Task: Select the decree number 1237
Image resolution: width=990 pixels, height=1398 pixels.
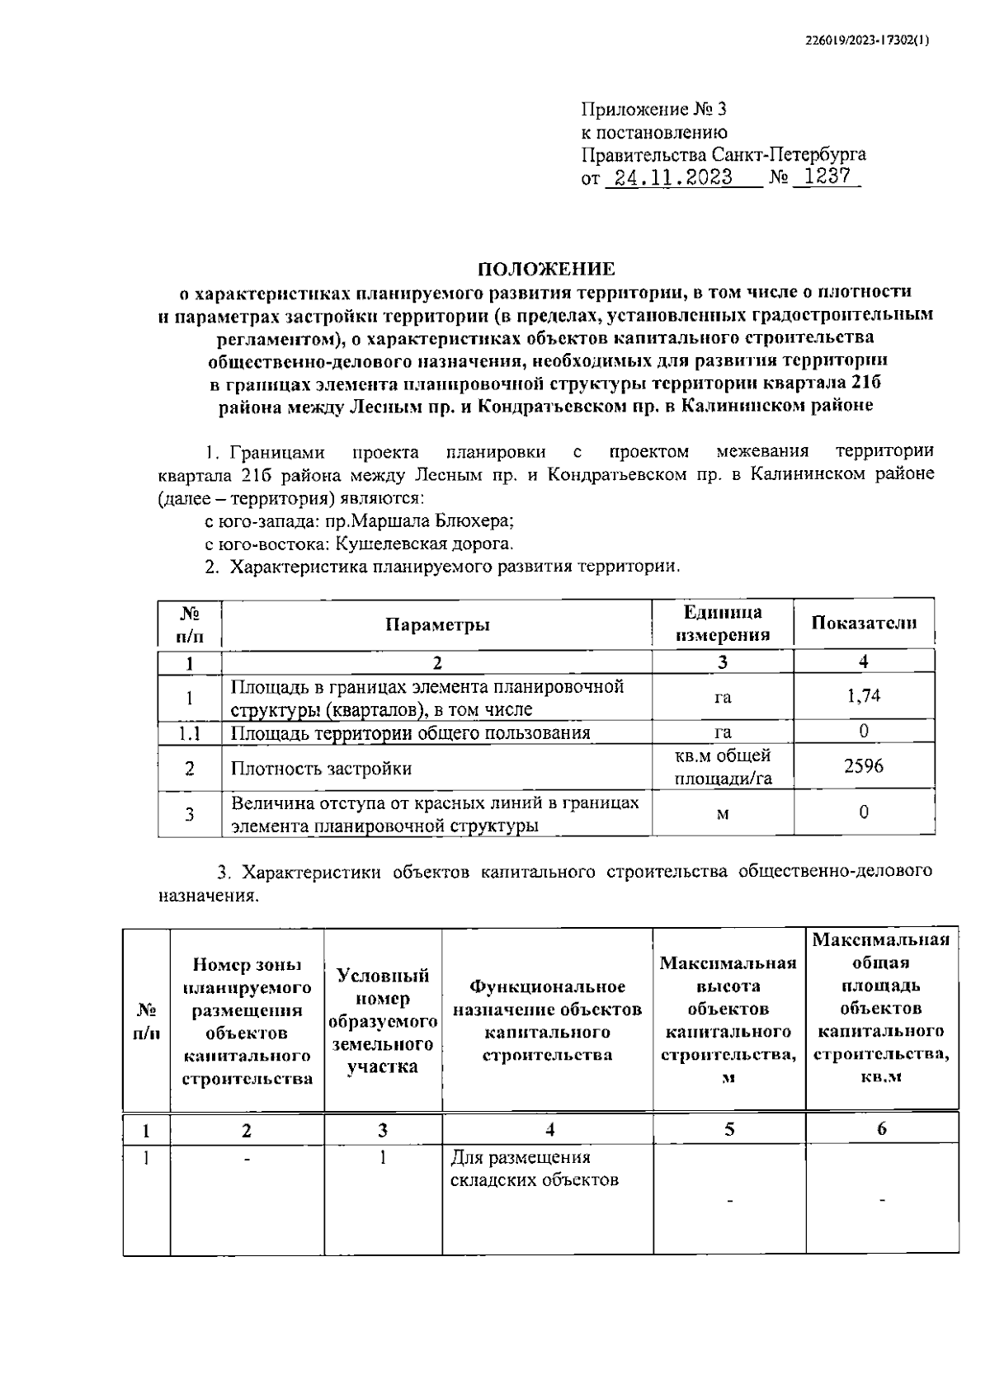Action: coord(826,177)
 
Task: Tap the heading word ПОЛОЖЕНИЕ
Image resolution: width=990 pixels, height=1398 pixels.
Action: coord(547,268)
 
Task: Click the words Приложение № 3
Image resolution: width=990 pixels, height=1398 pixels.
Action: coord(654,110)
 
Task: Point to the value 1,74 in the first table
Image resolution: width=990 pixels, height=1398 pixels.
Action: coord(863,695)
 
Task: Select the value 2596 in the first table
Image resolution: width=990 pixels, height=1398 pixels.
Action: coord(863,766)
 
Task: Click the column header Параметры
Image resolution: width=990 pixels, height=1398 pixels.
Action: coord(437,624)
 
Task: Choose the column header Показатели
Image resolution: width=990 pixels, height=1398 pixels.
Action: coord(863,623)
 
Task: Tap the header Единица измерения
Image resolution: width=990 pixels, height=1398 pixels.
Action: coord(723,624)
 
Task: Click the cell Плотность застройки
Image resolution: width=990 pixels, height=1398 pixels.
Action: coord(321,769)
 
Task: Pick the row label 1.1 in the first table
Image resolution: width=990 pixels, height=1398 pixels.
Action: coord(190,732)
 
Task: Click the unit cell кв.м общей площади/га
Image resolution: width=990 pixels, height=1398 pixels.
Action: coord(723,767)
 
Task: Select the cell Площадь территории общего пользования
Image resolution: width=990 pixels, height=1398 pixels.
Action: coord(410,732)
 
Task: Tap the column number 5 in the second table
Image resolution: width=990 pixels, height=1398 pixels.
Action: coord(729,1129)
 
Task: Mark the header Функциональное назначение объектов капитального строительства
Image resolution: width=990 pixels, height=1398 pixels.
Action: coord(547,1021)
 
